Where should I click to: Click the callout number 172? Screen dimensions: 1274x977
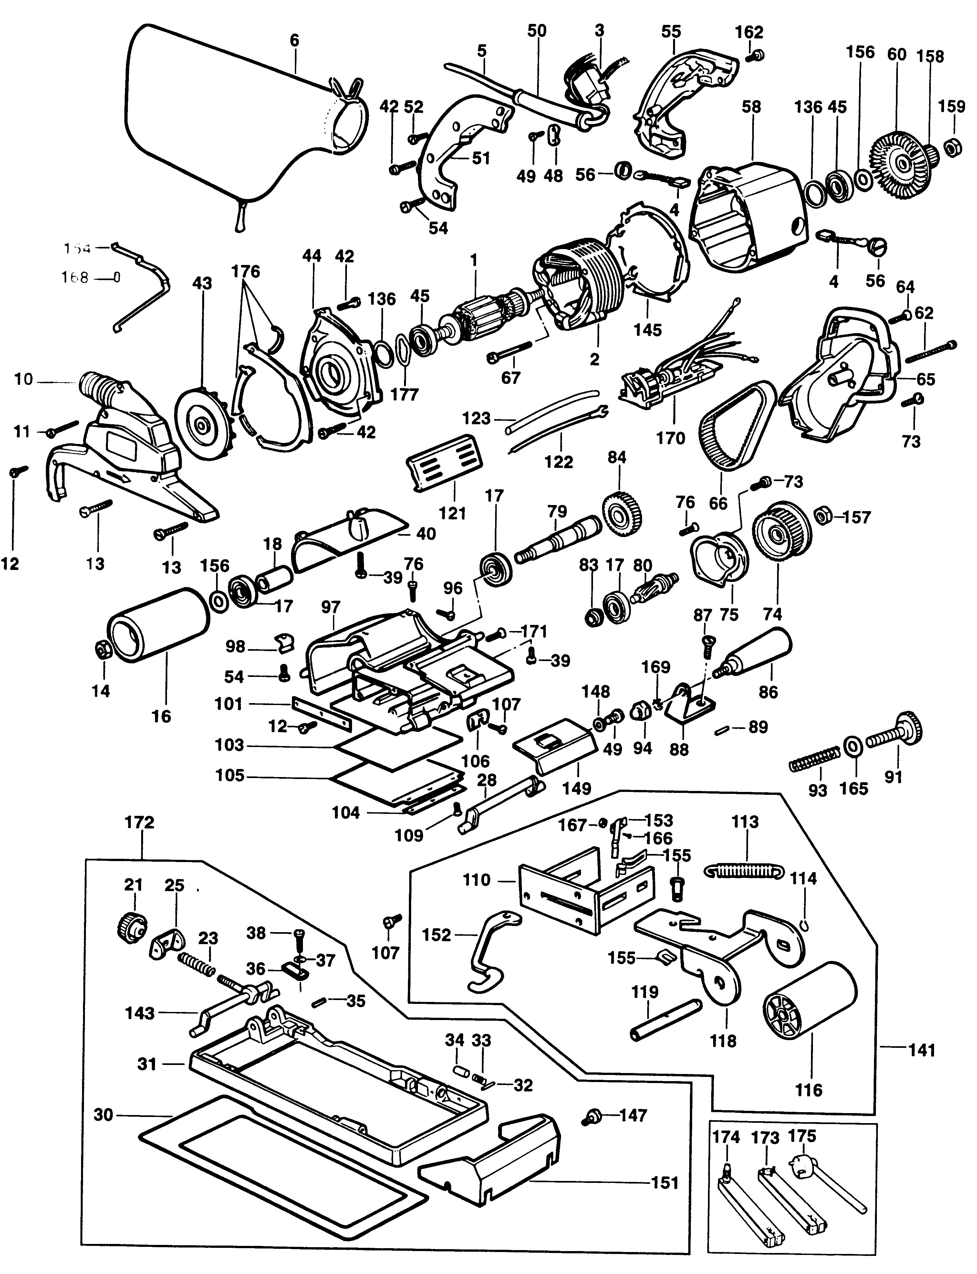(x=140, y=823)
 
